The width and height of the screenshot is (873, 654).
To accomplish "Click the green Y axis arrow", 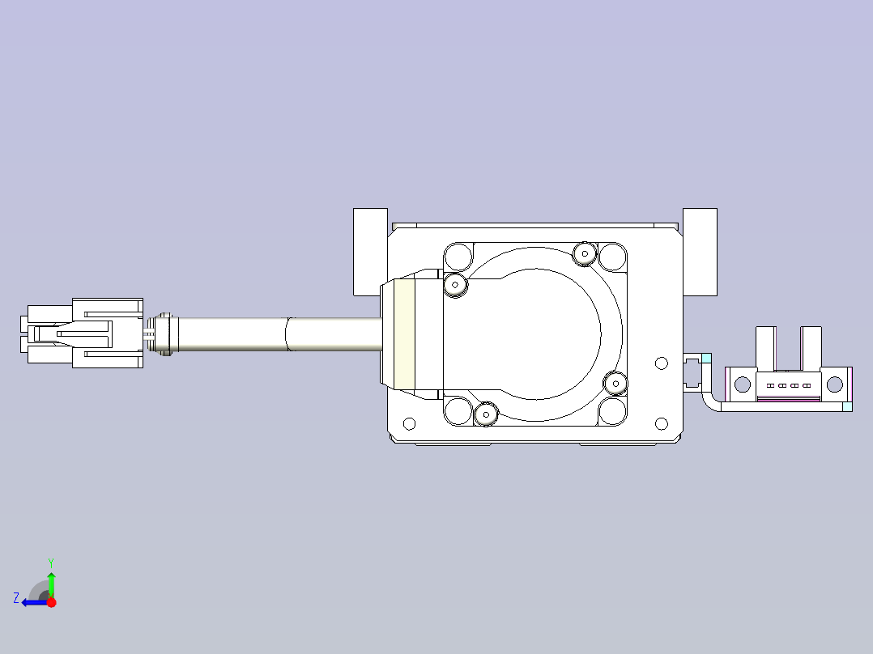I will click(51, 581).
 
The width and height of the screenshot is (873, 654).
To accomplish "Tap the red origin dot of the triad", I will click(51, 602).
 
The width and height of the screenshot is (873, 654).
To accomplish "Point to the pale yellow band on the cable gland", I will click(404, 333).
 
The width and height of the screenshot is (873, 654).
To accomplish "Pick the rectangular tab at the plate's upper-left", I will click(370, 252).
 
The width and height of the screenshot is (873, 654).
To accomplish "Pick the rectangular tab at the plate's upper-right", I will click(700, 252).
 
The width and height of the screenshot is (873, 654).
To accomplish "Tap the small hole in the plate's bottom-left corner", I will click(409, 423).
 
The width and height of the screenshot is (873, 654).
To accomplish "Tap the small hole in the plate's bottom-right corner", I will click(661, 423).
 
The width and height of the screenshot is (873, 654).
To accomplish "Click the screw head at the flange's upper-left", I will click(456, 284).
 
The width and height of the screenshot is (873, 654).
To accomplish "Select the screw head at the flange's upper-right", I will click(584, 254).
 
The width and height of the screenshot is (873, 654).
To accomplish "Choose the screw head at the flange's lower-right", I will click(615, 382).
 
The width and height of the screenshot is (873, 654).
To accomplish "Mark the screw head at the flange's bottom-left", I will click(486, 414).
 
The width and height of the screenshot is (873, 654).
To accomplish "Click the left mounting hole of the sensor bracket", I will click(742, 385).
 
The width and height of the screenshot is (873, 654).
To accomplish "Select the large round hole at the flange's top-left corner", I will click(458, 257).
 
